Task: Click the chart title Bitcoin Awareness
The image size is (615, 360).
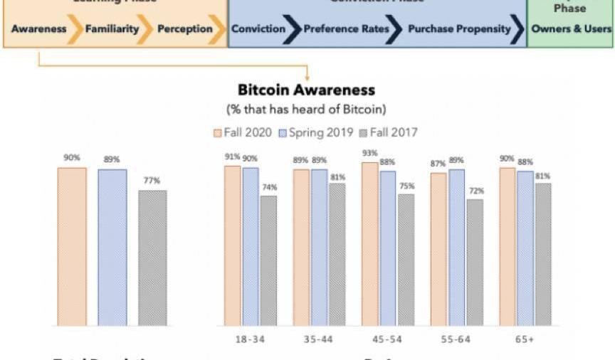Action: (306, 90)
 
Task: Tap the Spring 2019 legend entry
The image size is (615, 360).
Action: (320, 132)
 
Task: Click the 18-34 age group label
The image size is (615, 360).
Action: (250, 339)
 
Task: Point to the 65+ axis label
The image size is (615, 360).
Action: (525, 339)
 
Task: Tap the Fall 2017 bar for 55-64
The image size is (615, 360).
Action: (474, 263)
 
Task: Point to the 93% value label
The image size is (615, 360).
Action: (369, 154)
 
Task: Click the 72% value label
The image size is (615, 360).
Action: (475, 191)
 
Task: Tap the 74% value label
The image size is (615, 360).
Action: (268, 188)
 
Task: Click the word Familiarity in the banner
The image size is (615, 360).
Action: (111, 29)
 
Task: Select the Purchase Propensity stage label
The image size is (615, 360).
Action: (459, 29)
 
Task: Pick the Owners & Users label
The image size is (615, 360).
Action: (572, 29)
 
